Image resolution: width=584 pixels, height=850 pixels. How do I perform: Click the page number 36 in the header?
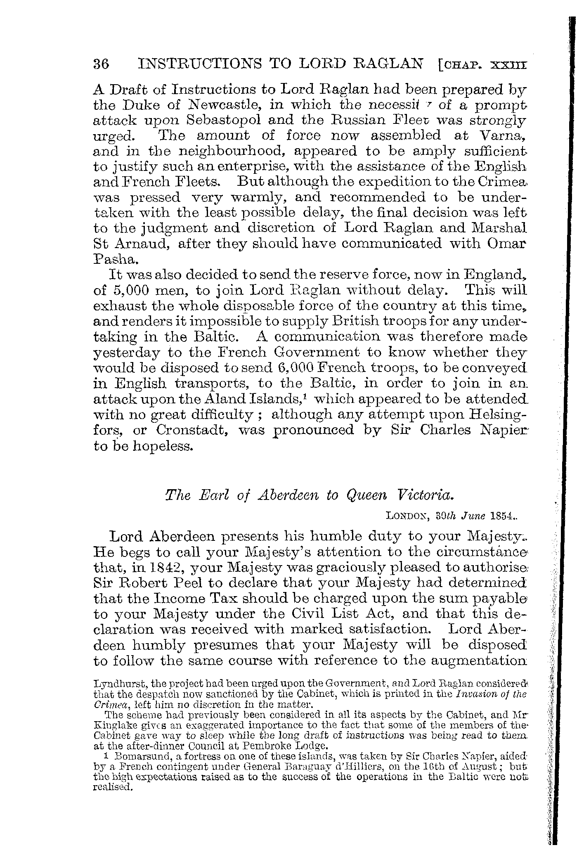[x=101, y=64]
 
